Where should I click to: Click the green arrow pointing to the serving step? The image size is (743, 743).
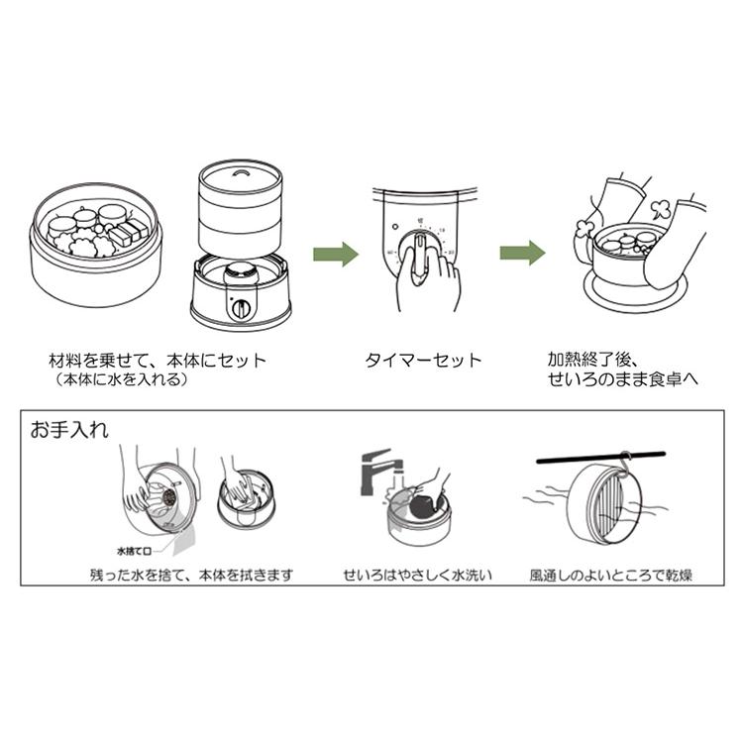521,254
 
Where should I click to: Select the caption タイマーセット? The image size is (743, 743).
423,360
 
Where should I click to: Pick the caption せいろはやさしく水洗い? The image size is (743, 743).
419,575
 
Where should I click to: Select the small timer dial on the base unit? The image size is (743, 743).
241,308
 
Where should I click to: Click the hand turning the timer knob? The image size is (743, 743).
425,275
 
